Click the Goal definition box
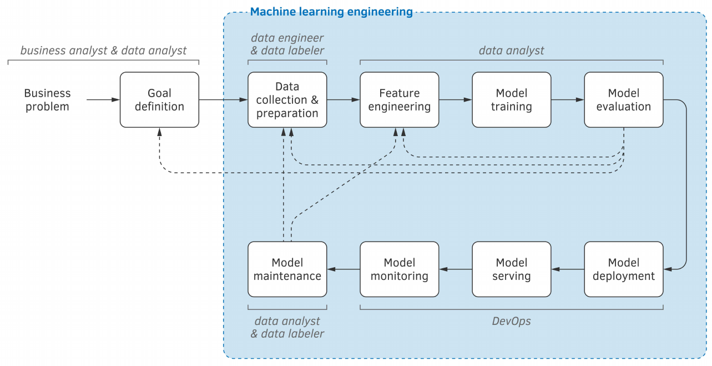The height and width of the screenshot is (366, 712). tap(159, 100)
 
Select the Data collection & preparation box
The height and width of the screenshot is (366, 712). tap(287, 100)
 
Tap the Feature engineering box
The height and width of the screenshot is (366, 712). tap(400, 100)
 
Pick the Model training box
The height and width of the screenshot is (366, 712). tap(512, 100)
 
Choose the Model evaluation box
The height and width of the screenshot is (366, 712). tap(624, 100)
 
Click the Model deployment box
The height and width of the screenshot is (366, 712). tap(624, 269)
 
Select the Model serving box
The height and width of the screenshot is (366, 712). tap(512, 269)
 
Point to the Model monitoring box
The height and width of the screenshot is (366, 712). tap(400, 269)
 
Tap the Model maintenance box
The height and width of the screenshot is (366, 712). tap(287, 269)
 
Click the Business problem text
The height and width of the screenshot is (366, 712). tap(47, 100)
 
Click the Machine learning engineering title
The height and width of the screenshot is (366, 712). tap(331, 12)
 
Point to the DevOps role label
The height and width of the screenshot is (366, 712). tap(511, 321)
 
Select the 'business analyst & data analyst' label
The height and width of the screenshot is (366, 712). tap(103, 51)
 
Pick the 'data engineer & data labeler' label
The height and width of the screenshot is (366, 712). tap(287, 44)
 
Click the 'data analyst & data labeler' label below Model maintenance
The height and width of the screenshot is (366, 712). tap(287, 327)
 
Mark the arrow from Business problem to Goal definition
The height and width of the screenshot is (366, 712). tap(103, 100)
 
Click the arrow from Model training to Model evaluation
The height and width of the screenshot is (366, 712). tap(568, 100)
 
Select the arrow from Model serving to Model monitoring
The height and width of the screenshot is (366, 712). tap(456, 269)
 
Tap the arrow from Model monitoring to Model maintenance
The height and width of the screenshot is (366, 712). tap(343, 269)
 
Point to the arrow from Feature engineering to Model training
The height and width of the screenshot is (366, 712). tap(455, 100)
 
